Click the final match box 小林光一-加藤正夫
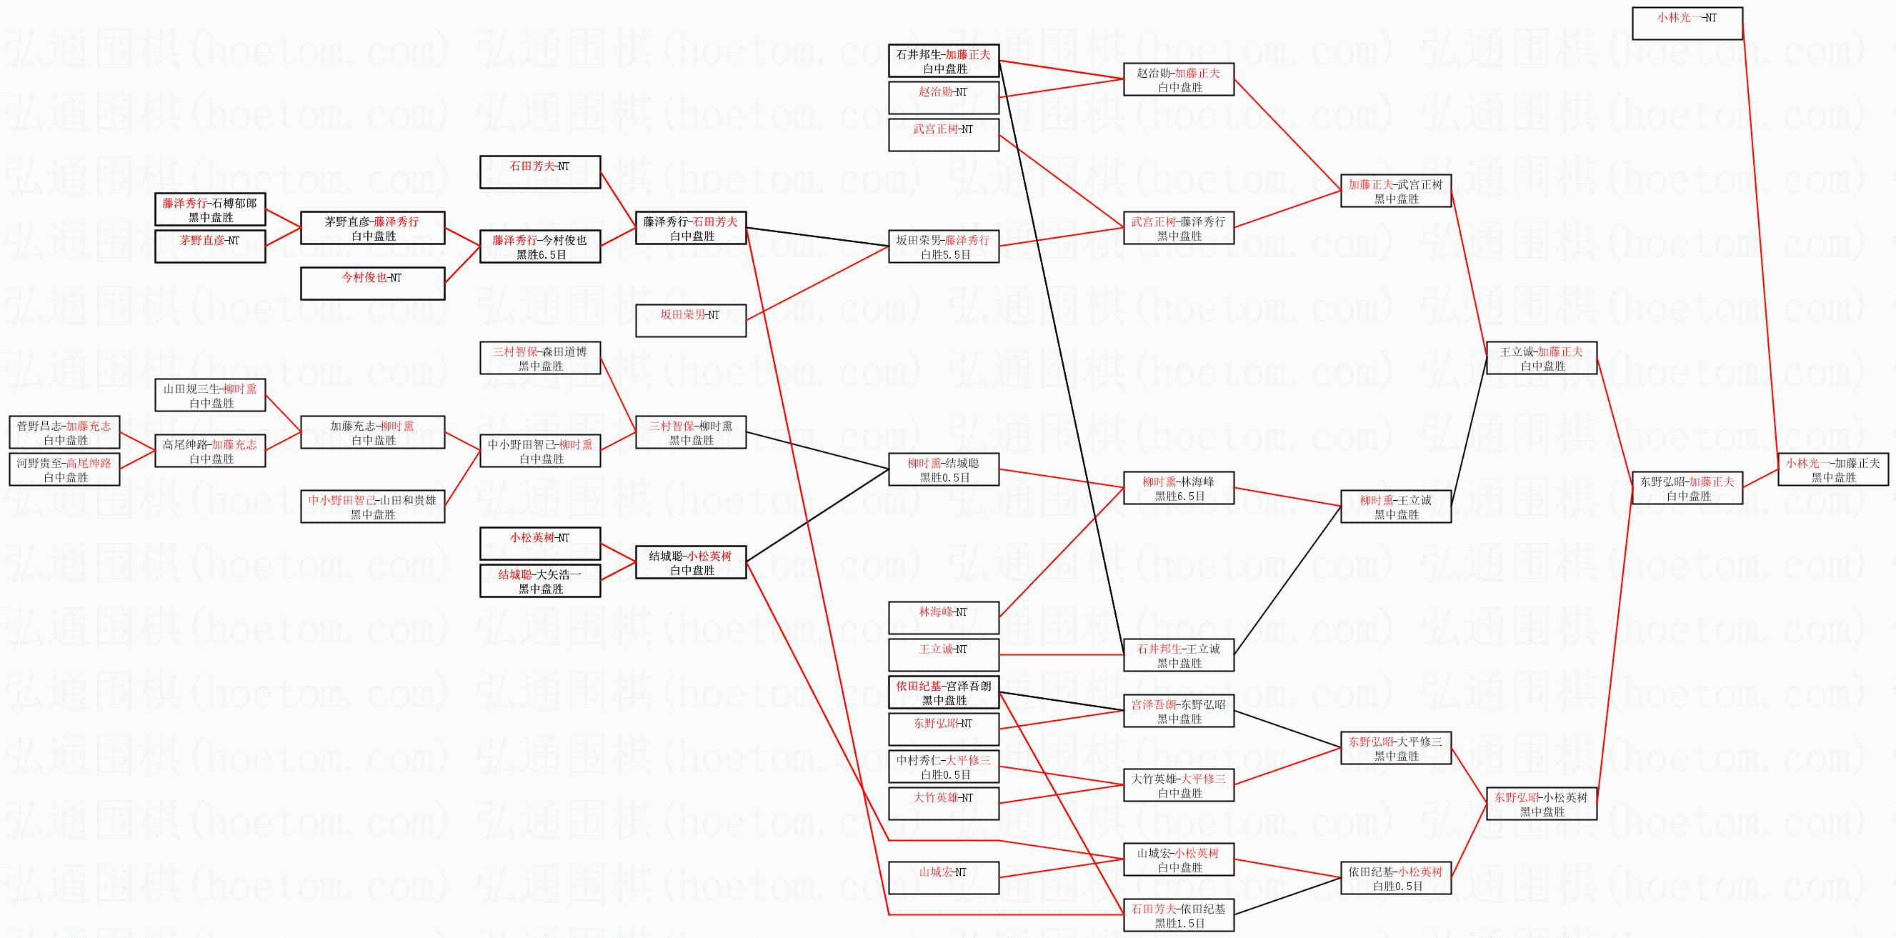[x=1832, y=470]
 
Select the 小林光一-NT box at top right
[x=1687, y=24]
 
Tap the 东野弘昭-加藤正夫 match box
[x=1687, y=488]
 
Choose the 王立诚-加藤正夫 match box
[x=1541, y=358]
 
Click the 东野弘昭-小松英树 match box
[x=1541, y=804]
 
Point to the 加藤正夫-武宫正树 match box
[x=1395, y=191]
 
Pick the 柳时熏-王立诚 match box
[x=1395, y=507]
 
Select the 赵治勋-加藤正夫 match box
[x=1178, y=79]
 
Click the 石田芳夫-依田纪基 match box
[x=1178, y=915]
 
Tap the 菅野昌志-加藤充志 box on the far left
[x=65, y=432]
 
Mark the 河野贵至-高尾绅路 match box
[x=65, y=470]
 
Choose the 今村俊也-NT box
[x=372, y=284]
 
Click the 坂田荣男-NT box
[x=690, y=321]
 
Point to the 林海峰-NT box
[x=944, y=618]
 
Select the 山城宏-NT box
[x=944, y=877]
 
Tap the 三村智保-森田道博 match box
[x=540, y=358]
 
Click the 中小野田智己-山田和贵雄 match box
[x=372, y=507]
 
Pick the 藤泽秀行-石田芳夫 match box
[x=690, y=228]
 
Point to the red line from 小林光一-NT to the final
[x=1760, y=243]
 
